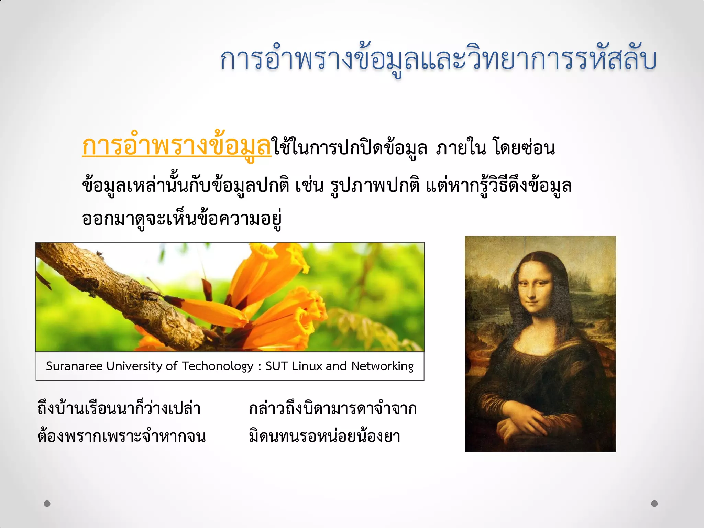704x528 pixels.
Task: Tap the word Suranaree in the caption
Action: pos(74,366)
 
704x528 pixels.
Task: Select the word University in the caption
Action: pos(134,366)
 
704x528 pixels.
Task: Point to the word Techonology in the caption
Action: pos(217,366)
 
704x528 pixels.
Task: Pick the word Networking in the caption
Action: pos(382,366)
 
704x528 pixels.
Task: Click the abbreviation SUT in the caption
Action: pos(277,366)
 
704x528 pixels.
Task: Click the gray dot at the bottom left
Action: pos(47,504)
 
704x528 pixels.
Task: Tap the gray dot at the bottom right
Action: pos(654,504)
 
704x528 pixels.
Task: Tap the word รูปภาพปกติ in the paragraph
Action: pos(375,186)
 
